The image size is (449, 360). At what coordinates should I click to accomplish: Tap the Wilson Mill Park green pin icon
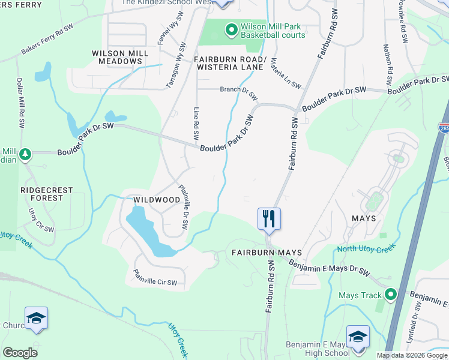coord(231,29)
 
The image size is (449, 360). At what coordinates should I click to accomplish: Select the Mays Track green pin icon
coord(391,295)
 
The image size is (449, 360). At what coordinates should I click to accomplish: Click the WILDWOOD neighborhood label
coord(157,199)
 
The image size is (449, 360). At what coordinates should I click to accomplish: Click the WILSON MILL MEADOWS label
coord(120,58)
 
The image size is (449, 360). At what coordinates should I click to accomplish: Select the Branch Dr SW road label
coord(238,92)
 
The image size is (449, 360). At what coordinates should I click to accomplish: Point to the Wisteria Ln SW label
coord(286,73)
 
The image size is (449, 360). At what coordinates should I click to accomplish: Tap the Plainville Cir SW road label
coord(155,279)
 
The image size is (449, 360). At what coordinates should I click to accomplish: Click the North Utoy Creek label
coord(366,249)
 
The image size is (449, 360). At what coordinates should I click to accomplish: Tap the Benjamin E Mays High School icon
coord(358,337)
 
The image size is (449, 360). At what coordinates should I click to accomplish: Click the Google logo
coord(20,353)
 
